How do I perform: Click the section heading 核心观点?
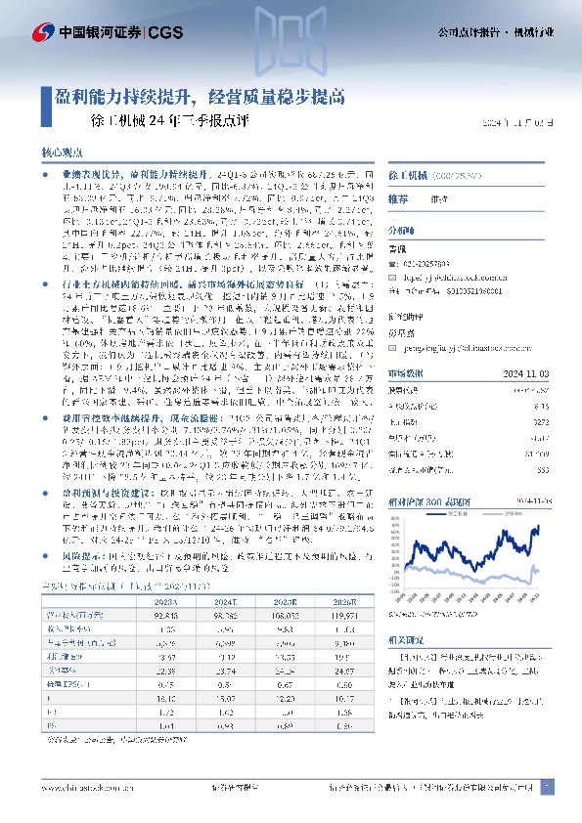(62, 153)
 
